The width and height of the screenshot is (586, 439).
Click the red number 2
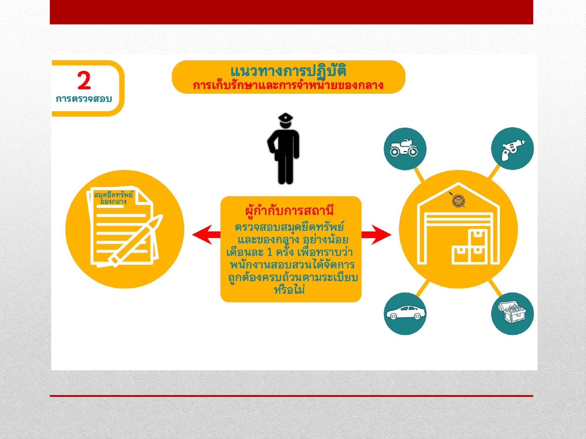tap(84, 80)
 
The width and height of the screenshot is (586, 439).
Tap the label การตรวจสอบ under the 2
tap(84, 99)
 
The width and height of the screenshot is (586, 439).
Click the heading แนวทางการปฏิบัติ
tap(288, 71)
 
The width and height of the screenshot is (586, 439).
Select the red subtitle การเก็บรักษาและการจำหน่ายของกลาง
tap(288, 85)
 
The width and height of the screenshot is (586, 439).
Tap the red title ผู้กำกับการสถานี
tap(289, 211)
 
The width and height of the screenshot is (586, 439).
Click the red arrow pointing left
tap(206, 235)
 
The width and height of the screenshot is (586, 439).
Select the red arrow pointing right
tap(376, 235)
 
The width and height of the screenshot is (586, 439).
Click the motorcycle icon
tap(404, 149)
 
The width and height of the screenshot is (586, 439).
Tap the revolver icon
tap(512, 149)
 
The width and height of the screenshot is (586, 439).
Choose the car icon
tap(405, 313)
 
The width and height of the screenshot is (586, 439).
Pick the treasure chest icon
tap(512, 313)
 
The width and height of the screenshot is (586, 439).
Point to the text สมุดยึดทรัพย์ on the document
tap(113, 194)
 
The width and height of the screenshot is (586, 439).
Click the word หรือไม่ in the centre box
tap(289, 290)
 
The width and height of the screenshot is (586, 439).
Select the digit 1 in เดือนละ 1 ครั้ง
tap(269, 252)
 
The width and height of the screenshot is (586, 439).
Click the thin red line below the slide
tap(291, 396)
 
